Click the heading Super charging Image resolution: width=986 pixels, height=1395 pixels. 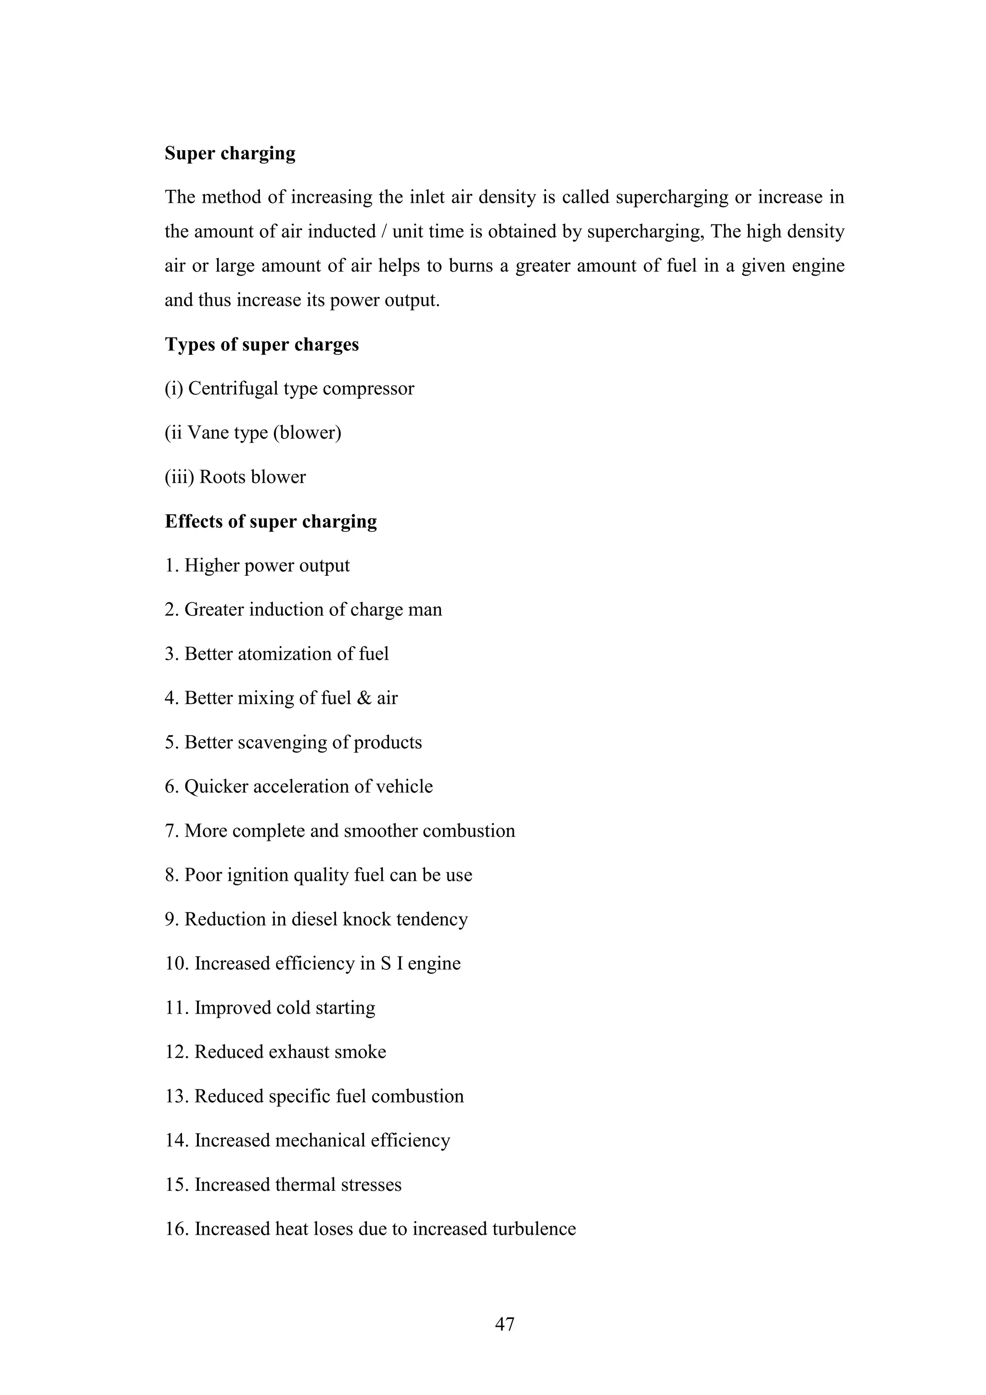click(230, 153)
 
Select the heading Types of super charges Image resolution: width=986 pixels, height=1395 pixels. click(262, 344)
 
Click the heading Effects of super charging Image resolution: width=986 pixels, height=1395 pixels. click(271, 521)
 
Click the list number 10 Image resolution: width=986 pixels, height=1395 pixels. click(176, 964)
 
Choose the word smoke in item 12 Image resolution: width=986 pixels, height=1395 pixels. click(361, 1052)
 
